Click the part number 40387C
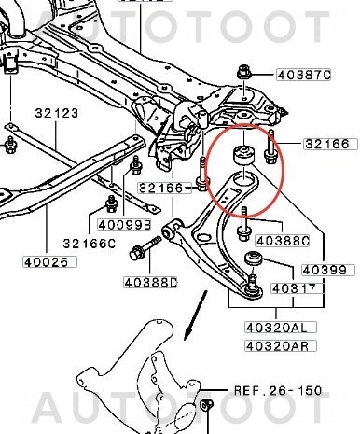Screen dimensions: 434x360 pos(305,74)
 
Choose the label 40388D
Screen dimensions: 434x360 pos(151,281)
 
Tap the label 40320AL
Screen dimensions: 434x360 pos(276,328)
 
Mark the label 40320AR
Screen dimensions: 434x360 pos(276,345)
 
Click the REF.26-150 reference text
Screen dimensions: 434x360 pos(279,391)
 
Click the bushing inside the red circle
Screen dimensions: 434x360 pos(245,152)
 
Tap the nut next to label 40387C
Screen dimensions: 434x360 pos(244,73)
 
